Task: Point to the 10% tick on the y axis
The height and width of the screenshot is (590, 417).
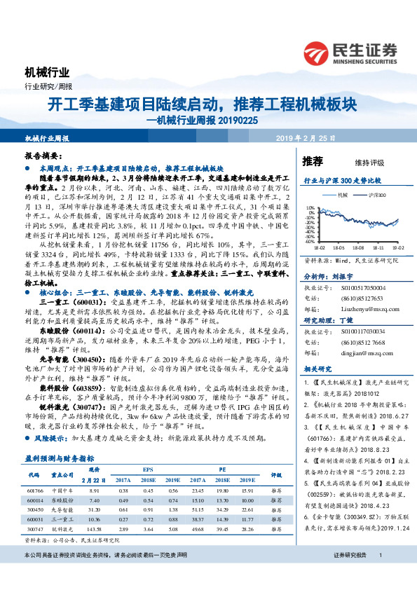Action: click(310, 207)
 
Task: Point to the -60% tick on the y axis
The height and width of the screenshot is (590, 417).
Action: click(310, 241)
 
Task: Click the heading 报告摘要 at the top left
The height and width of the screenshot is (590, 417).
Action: click(39, 158)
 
